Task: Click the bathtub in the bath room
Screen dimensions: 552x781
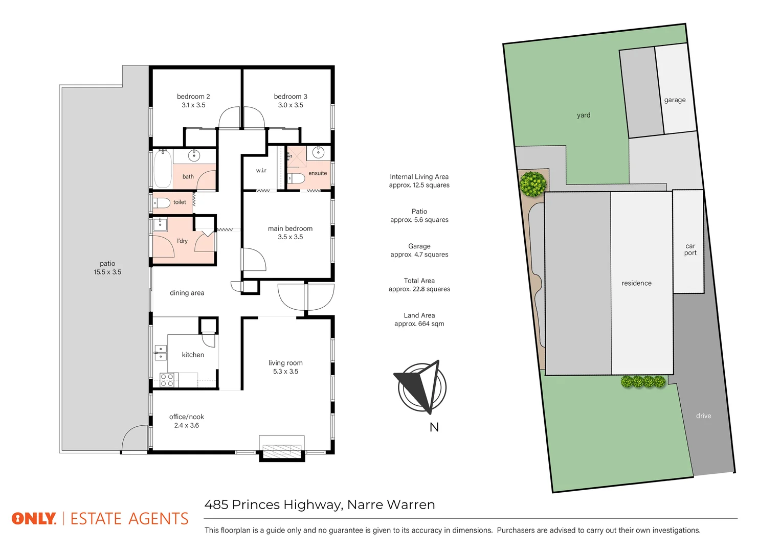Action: [x=163, y=169]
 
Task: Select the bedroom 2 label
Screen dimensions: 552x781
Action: [x=193, y=97]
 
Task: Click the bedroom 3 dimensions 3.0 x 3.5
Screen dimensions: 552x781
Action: [x=291, y=105]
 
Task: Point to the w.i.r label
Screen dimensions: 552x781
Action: [x=261, y=171]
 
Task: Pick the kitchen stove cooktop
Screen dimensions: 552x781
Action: [x=167, y=380]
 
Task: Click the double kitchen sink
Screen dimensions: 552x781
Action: [x=161, y=353]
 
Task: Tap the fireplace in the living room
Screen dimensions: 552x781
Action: [x=282, y=449]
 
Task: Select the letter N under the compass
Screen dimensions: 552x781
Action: [x=434, y=427]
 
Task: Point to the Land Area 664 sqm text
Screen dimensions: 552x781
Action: [x=419, y=324]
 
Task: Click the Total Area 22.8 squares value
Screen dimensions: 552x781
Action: [x=419, y=289]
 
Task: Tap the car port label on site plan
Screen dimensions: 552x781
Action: [x=690, y=249]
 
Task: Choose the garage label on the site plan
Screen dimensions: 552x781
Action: [x=675, y=100]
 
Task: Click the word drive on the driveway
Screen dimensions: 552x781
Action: [x=703, y=416]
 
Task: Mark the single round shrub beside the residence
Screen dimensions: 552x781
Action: [x=533, y=183]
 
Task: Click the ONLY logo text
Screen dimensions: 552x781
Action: [x=34, y=519]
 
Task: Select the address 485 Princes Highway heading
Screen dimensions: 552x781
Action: [x=320, y=505]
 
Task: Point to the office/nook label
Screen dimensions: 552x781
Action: [x=187, y=417]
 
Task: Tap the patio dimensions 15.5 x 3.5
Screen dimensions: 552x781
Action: [x=107, y=272]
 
